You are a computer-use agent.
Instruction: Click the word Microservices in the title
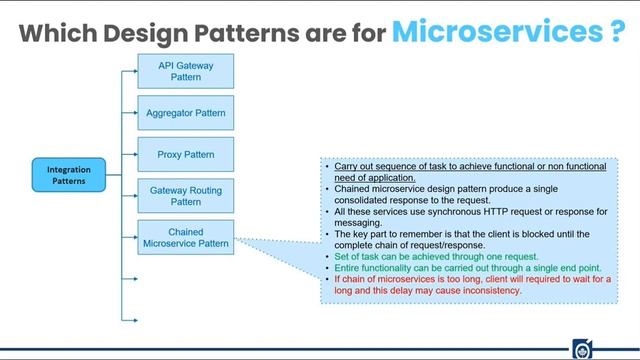496,31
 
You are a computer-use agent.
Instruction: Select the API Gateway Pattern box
185,70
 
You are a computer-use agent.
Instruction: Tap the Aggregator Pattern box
185,113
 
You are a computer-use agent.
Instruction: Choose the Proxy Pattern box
185,155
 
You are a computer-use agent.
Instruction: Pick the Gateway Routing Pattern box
185,196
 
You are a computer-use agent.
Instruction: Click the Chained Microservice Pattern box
185,238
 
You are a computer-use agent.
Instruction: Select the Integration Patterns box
68,176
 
